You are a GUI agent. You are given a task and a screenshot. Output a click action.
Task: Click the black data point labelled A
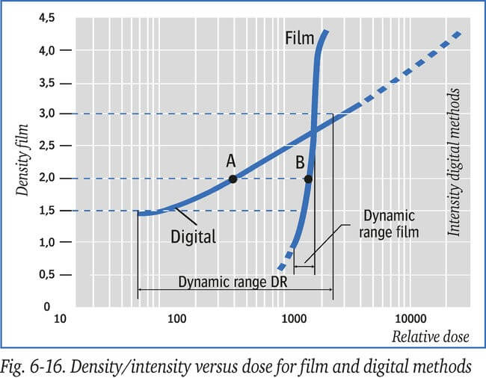(x=233, y=179)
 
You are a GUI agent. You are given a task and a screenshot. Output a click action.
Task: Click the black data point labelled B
(x=307, y=179)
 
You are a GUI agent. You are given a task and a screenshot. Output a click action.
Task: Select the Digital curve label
(x=192, y=237)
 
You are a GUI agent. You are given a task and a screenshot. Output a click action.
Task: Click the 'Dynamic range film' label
(x=388, y=223)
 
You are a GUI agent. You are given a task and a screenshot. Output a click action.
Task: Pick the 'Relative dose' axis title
(x=431, y=337)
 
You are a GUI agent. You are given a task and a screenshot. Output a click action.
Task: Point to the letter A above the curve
(x=231, y=161)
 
